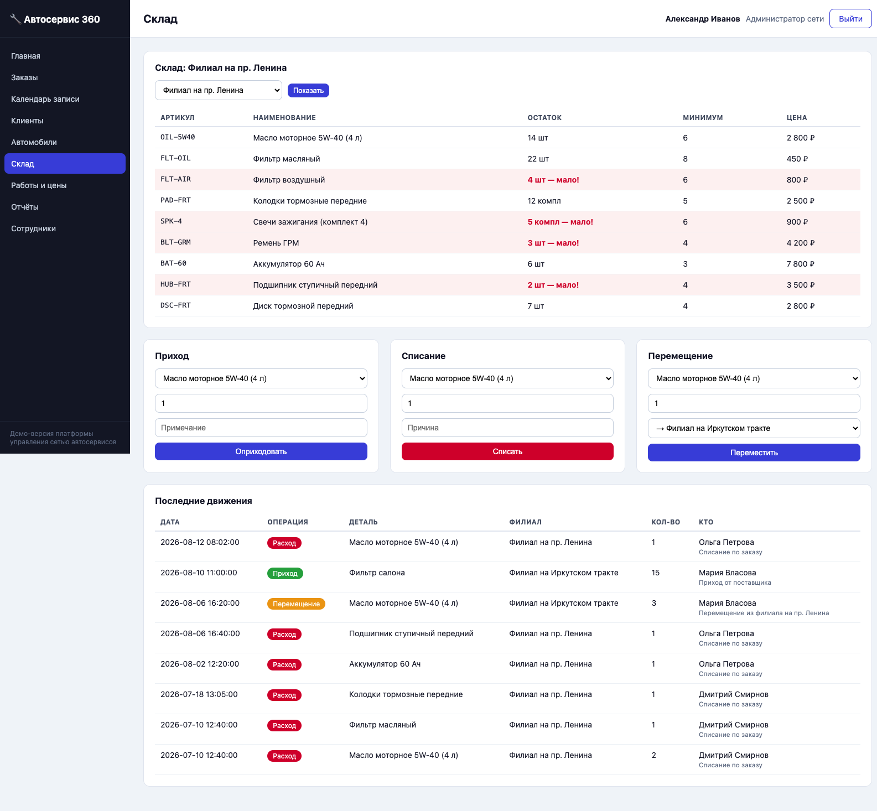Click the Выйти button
click(x=850, y=19)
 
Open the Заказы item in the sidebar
click(x=24, y=77)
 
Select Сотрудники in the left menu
click(x=33, y=228)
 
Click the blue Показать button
click(x=308, y=90)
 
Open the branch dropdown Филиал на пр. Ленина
click(x=219, y=90)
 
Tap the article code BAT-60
click(x=173, y=263)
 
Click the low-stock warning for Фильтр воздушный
click(x=553, y=180)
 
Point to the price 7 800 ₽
click(x=800, y=264)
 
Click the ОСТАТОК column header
click(x=544, y=118)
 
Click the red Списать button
click(x=507, y=451)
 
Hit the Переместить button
click(x=754, y=453)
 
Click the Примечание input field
click(x=261, y=428)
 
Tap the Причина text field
click(x=507, y=428)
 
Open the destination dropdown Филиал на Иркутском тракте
click(x=754, y=428)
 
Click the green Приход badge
click(x=285, y=574)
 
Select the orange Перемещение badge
click(x=296, y=604)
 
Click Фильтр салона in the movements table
click(x=377, y=573)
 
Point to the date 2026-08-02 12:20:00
click(x=200, y=664)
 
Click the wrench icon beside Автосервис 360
click(x=15, y=19)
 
